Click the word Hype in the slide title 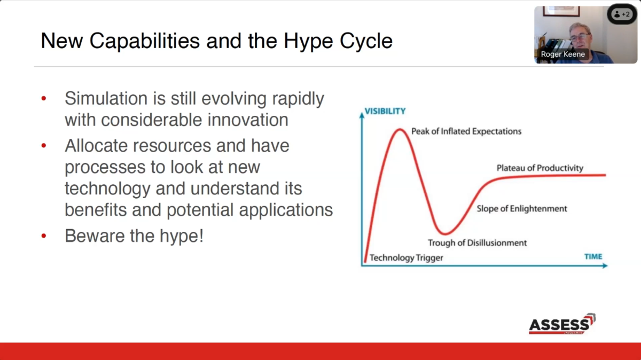pyautogui.click(x=308, y=42)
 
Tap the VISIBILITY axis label pyautogui.click(x=385, y=111)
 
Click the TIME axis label pyautogui.click(x=593, y=256)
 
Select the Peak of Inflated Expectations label pyautogui.click(x=466, y=131)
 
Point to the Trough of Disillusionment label pyautogui.click(x=477, y=243)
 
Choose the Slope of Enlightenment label pyautogui.click(x=522, y=209)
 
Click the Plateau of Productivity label pyautogui.click(x=540, y=168)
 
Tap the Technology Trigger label pyautogui.click(x=407, y=258)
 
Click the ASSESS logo pyautogui.click(x=562, y=324)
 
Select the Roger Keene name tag pyautogui.click(x=563, y=54)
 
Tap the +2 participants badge pyautogui.click(x=622, y=14)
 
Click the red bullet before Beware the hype pyautogui.click(x=44, y=236)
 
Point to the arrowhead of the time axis pyautogui.click(x=605, y=266)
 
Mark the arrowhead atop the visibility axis pyautogui.click(x=362, y=115)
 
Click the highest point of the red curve pyautogui.click(x=400, y=130)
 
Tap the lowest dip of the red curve pyautogui.click(x=445, y=234)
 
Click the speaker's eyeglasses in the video pyautogui.click(x=579, y=37)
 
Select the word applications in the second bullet pyautogui.click(x=286, y=210)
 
